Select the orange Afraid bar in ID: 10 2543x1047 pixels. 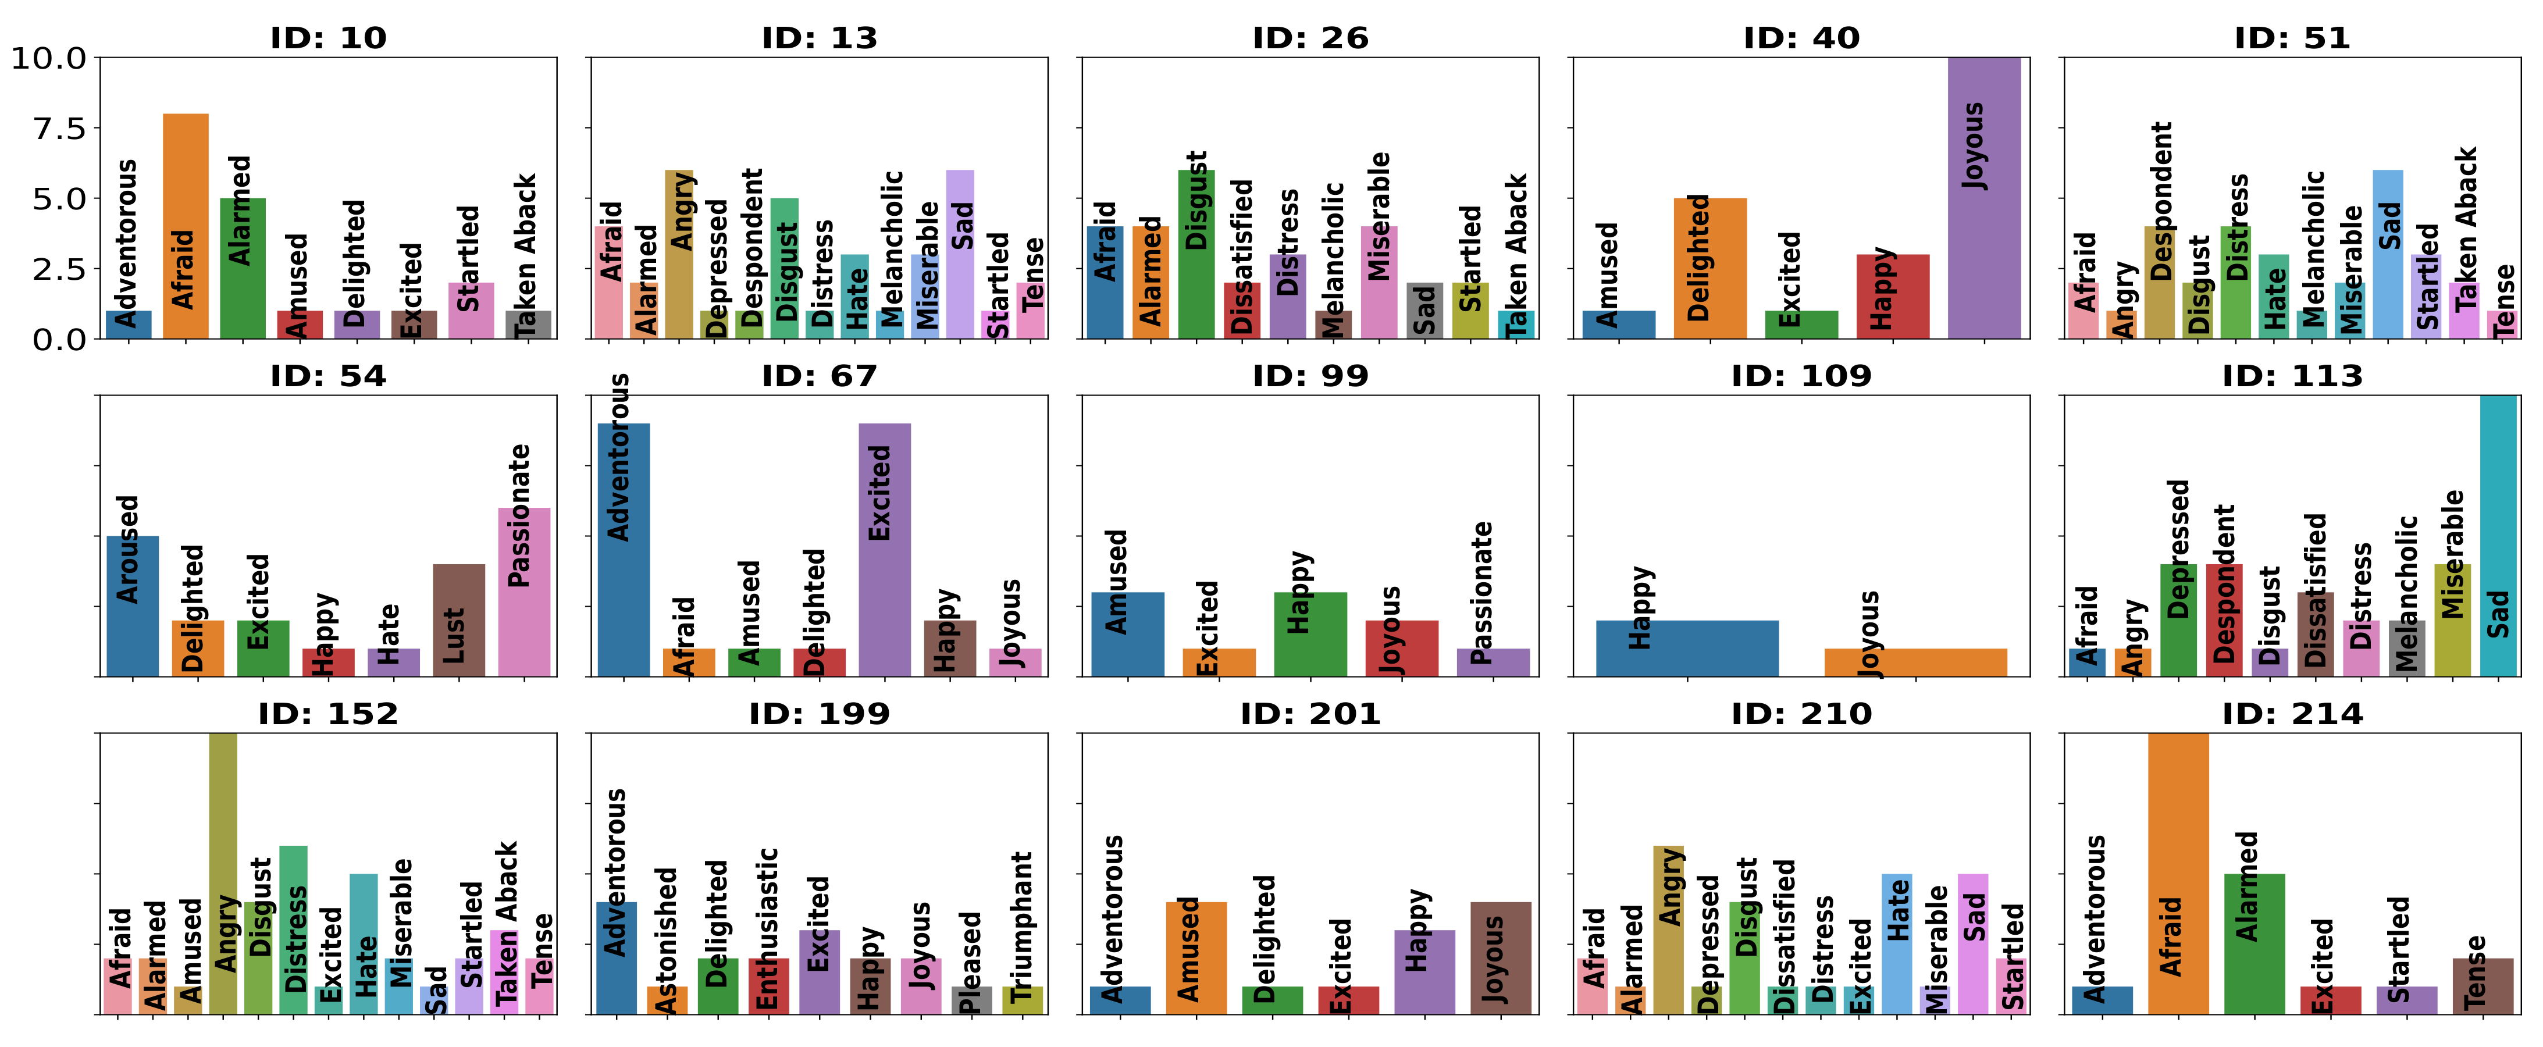186,226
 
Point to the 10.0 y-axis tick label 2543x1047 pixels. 49,58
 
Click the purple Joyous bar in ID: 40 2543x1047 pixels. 1983,197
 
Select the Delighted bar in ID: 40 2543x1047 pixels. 1710,268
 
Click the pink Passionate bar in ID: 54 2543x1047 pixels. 524,592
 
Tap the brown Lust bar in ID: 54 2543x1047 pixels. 459,619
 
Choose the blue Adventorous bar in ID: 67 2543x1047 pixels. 624,550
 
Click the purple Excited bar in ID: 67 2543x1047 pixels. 885,550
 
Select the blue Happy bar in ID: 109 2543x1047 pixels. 1687,649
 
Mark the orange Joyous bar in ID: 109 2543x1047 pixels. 1915,662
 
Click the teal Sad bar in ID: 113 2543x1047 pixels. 2498,536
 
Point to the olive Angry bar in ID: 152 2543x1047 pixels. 223,873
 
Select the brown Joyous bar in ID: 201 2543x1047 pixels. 1501,957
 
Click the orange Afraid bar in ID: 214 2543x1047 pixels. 2178,873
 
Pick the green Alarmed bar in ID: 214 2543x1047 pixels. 2254,943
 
